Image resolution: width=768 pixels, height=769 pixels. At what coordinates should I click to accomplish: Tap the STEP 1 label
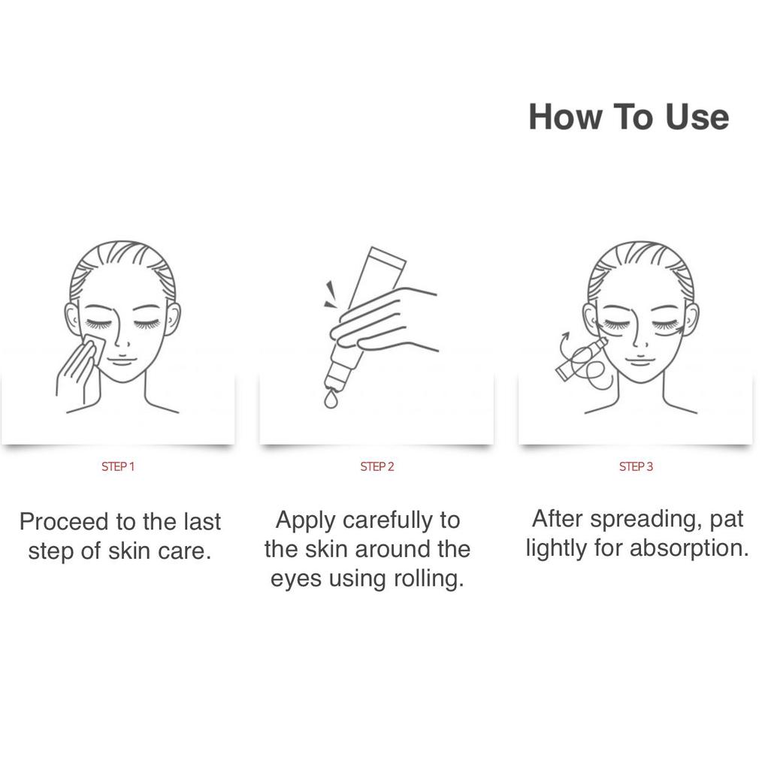(x=118, y=467)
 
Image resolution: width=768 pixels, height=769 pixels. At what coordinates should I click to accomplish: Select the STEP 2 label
(x=377, y=467)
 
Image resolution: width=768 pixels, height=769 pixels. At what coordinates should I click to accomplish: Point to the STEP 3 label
(x=636, y=467)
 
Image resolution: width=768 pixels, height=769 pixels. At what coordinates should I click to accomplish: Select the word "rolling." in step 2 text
(x=429, y=579)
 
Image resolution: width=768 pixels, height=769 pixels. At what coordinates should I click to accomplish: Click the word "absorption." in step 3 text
(x=689, y=549)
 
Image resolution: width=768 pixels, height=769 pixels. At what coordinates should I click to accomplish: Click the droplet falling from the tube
(x=331, y=400)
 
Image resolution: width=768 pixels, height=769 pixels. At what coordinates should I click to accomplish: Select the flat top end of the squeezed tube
(x=388, y=255)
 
